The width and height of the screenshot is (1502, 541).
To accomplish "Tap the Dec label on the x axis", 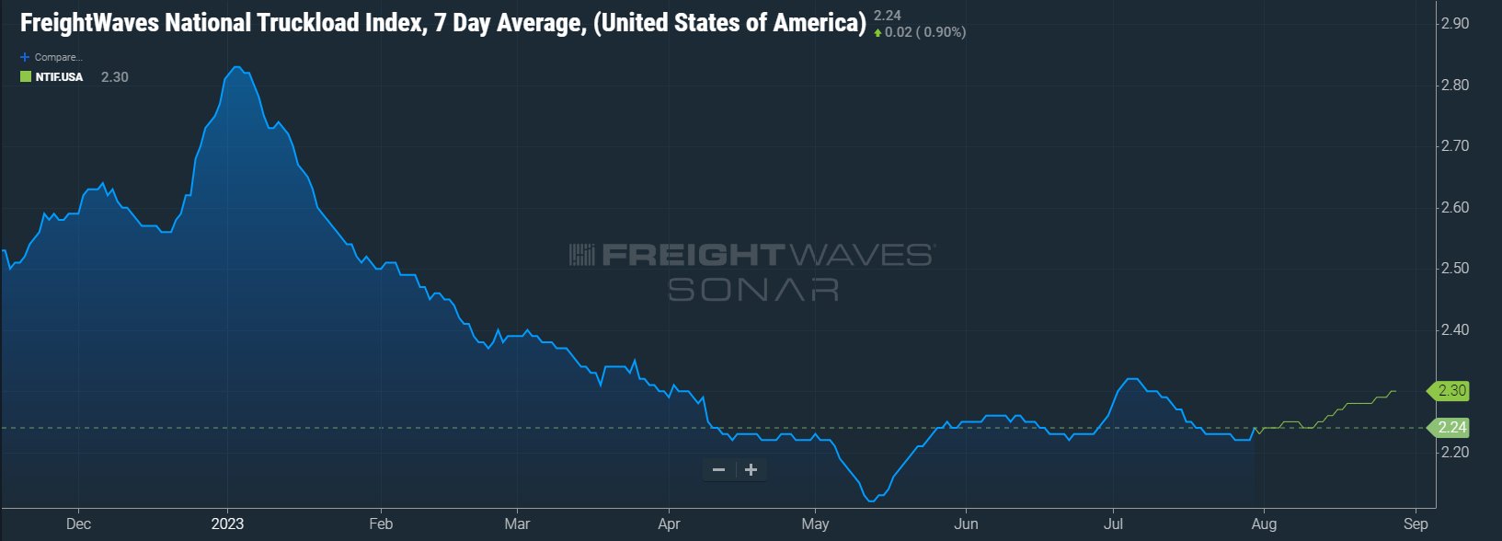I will pos(79,524).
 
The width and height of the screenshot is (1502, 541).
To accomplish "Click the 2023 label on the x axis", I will pos(227,524).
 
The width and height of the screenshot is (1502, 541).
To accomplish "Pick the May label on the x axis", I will pos(815,524).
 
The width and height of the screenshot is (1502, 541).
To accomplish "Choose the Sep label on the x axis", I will pos(1416,524).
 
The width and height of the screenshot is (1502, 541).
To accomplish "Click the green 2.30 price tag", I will pos(1450,391).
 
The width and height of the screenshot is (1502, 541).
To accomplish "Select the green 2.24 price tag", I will pos(1450,428).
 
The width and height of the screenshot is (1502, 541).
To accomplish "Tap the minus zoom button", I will pos(719,470).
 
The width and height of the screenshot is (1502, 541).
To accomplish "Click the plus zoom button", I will pos(751,470).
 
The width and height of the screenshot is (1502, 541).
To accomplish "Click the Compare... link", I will pos(58,57).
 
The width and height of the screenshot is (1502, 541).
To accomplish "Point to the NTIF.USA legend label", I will pos(59,77).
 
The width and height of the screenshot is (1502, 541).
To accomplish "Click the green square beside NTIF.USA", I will pos(26,77).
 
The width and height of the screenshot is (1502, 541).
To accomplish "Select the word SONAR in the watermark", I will pos(752,289).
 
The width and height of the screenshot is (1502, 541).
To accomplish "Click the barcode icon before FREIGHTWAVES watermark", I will pos(581,255).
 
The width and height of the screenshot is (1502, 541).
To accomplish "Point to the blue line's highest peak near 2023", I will pos(236,67).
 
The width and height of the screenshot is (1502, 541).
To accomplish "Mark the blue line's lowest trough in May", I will pos(870,501).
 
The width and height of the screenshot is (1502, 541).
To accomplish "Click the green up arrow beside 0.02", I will pos(877,33).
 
